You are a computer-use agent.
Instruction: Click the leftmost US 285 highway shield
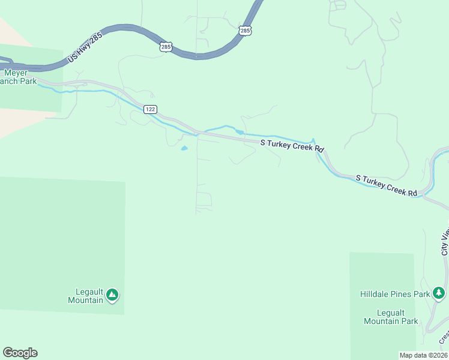point(166,46)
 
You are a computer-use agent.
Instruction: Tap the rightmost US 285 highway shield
point(244,30)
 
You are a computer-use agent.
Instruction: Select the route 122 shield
point(150,109)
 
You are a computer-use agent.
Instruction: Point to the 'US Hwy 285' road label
point(85,47)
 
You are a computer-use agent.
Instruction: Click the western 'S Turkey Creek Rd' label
point(292,146)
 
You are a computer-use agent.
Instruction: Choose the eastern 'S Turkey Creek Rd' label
point(386,185)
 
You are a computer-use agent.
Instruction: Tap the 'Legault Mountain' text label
point(85,296)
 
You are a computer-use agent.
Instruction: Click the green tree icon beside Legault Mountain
point(112,295)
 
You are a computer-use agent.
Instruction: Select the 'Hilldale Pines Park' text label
point(395,294)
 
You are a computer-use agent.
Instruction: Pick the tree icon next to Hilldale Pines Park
point(439,293)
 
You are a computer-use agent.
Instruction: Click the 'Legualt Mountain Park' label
point(391,317)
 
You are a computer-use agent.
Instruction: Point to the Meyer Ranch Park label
point(18,77)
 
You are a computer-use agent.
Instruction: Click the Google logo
point(20,353)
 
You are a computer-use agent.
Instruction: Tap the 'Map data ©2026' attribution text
point(423,355)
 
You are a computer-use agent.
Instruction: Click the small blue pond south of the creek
point(184,148)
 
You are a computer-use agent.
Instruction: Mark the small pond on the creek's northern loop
point(240,132)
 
